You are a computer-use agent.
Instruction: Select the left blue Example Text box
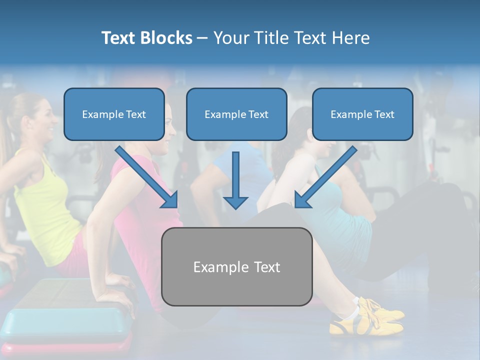pos(114,114)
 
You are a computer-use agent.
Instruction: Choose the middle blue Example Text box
pos(236,114)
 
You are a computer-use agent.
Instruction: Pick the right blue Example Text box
pos(362,114)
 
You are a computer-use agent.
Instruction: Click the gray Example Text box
pos(236,267)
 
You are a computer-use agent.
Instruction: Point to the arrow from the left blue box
pos(147,177)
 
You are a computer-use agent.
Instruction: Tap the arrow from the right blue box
pos(325,177)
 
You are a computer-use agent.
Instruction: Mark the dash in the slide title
pos(202,38)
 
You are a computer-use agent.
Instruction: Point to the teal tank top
pos(345,220)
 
